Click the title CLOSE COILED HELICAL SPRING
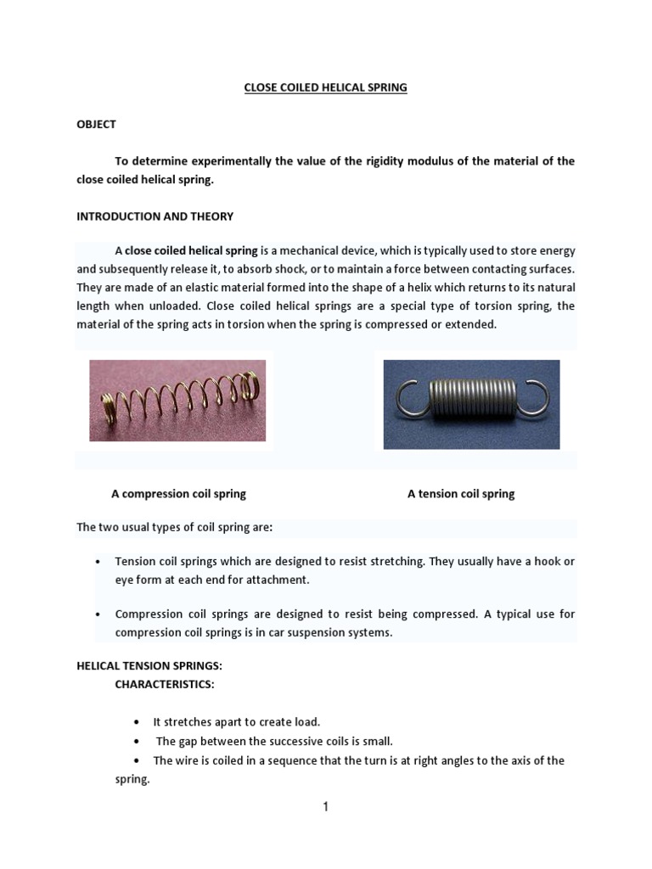[326, 87]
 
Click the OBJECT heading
[96, 124]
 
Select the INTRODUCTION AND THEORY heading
[155, 216]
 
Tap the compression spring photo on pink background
[177, 401]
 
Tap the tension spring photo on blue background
[471, 404]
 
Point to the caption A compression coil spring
[178, 493]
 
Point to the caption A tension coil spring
[461, 493]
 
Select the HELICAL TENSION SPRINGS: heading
[149, 666]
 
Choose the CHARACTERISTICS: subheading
[159, 684]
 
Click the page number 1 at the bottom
[325, 807]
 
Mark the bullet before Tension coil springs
[98, 563]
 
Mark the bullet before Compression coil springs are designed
[98, 614]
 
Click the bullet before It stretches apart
[137, 722]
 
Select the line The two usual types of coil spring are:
[175, 528]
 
